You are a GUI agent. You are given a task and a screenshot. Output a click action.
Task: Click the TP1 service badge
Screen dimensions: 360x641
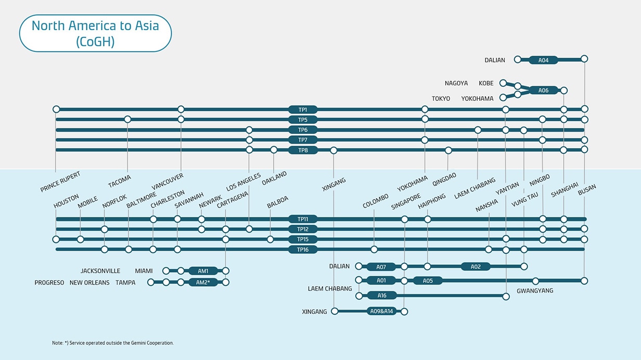click(303, 110)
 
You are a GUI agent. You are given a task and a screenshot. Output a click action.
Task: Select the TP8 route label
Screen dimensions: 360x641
click(303, 150)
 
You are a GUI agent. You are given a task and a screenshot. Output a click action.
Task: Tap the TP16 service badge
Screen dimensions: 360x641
click(303, 250)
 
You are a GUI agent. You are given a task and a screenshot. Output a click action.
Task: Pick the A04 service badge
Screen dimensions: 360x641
click(543, 60)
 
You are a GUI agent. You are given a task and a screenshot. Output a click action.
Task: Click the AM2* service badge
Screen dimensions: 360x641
click(202, 282)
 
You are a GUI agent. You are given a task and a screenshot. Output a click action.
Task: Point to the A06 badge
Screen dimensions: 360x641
click(543, 91)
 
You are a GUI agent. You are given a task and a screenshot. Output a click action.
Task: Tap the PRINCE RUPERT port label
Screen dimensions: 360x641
click(60, 182)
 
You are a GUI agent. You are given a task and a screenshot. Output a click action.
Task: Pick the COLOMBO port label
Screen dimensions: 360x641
click(376, 201)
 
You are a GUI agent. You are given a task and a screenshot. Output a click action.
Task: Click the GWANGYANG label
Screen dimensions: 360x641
click(535, 291)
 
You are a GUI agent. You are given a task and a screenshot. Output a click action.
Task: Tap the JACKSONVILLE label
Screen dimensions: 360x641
click(100, 271)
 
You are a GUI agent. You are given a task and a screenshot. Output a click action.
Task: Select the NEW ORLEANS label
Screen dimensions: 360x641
click(89, 282)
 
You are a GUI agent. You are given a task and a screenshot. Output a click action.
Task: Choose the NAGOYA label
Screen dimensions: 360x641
click(456, 83)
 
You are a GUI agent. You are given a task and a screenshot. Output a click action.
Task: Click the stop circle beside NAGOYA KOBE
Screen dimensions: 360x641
click(503, 83)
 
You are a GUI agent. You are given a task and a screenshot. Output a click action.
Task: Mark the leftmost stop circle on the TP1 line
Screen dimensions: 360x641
click(56, 109)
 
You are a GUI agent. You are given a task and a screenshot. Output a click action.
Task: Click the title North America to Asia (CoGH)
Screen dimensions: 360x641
click(95, 33)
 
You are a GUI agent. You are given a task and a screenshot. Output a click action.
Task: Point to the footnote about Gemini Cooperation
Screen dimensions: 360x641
click(113, 343)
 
